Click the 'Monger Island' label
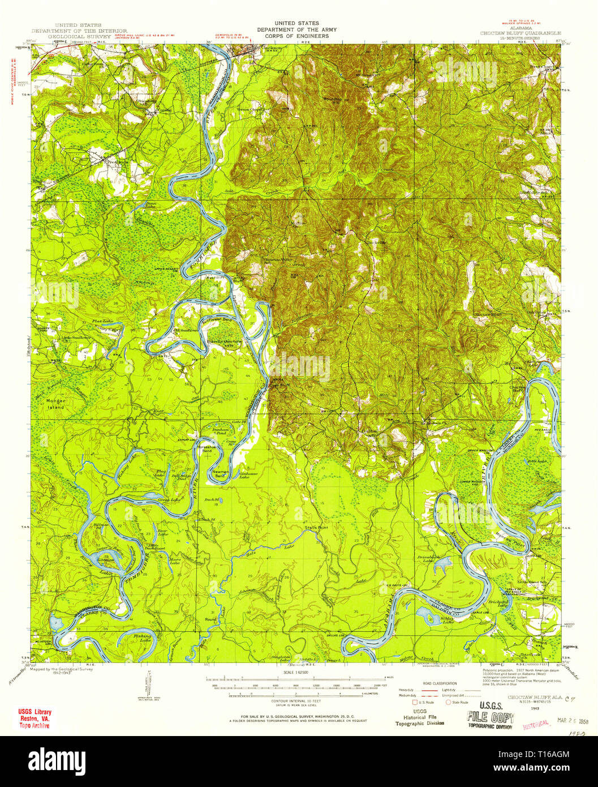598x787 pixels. click(52, 404)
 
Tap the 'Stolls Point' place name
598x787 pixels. click(315, 528)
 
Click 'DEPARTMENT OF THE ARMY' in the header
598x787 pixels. click(296, 30)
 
